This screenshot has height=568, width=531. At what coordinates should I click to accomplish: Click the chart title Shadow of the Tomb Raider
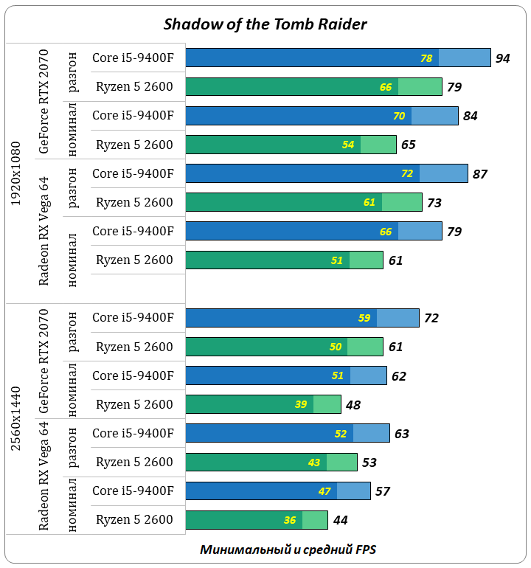click(265, 24)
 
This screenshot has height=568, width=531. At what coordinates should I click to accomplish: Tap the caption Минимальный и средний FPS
click(288, 550)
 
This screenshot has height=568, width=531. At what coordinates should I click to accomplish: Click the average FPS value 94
click(503, 58)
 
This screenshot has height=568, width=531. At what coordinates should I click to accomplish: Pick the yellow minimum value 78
click(426, 58)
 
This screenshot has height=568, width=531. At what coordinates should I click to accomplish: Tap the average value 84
click(471, 116)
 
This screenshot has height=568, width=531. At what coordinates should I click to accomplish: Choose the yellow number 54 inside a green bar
click(348, 145)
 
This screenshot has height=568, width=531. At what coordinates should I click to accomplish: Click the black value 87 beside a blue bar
click(480, 174)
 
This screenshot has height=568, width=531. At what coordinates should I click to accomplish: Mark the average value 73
click(434, 203)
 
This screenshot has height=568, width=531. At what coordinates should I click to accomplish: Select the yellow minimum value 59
click(364, 319)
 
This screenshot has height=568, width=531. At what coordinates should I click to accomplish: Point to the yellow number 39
click(301, 405)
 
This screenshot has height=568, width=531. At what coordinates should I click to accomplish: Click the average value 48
click(353, 405)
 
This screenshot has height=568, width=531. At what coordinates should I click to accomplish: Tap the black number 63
click(402, 434)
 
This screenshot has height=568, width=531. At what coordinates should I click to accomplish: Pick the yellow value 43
click(314, 463)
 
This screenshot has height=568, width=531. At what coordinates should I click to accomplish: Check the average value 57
click(383, 491)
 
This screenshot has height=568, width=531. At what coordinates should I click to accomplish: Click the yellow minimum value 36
click(290, 520)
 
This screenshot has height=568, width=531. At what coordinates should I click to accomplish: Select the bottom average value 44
click(340, 520)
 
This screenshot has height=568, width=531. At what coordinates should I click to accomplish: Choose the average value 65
click(409, 145)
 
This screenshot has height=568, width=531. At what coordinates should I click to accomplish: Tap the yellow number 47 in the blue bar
click(324, 491)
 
